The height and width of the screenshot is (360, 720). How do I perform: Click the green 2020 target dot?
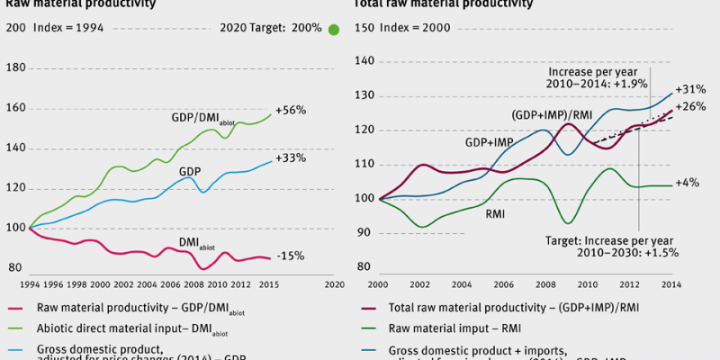tap(334, 30)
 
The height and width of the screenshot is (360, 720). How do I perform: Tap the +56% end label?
tap(292, 110)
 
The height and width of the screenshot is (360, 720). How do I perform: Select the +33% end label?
tap(292, 157)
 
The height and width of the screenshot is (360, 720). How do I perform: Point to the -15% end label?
tap(291, 256)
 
